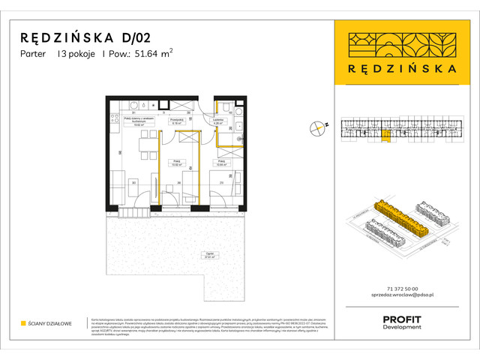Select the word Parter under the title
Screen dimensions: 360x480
point(34,53)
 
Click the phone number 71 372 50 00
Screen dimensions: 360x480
point(397,289)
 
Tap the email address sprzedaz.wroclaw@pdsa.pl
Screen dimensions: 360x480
point(397,297)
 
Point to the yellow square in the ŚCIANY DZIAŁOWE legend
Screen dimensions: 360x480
point(23,324)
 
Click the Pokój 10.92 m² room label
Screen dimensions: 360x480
point(177,163)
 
